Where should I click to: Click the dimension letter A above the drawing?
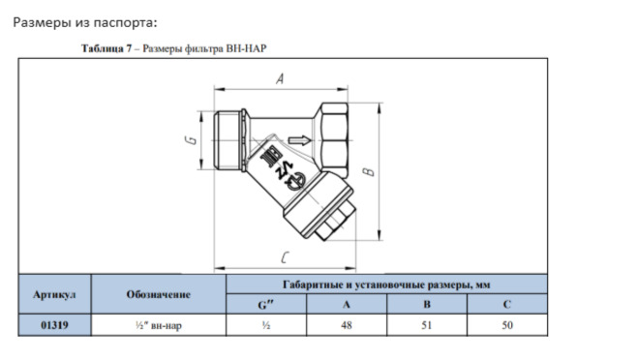(x=280, y=78)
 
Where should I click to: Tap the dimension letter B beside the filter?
(x=369, y=171)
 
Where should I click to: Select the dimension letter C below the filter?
(x=286, y=257)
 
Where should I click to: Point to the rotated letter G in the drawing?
(x=191, y=140)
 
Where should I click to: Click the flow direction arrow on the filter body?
(x=300, y=140)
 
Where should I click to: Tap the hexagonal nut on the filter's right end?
(x=333, y=140)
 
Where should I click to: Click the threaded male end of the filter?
(x=227, y=140)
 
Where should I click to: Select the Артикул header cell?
(x=54, y=294)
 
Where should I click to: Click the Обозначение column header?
(x=159, y=294)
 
